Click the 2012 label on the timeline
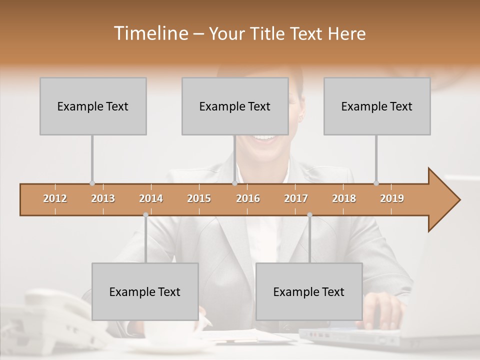pyautogui.click(x=55, y=198)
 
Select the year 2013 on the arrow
pyautogui.click(x=103, y=198)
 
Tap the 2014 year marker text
pyautogui.click(x=151, y=198)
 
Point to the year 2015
pyautogui.click(x=199, y=198)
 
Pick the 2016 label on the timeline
pyautogui.click(x=248, y=198)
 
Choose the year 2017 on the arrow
pyautogui.click(x=296, y=198)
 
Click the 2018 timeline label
pyautogui.click(x=344, y=198)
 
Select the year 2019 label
pyautogui.click(x=392, y=198)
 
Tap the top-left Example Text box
pyautogui.click(x=93, y=106)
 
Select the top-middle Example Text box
pyautogui.click(x=235, y=106)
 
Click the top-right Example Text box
pyautogui.click(x=377, y=106)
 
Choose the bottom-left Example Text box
pyautogui.click(x=145, y=291)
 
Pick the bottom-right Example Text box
pyautogui.click(x=309, y=291)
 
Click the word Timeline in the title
pyautogui.click(x=150, y=33)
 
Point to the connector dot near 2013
pyautogui.click(x=92, y=183)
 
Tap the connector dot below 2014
pyautogui.click(x=145, y=215)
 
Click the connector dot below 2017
pyautogui.click(x=309, y=215)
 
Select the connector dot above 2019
pyautogui.click(x=376, y=183)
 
